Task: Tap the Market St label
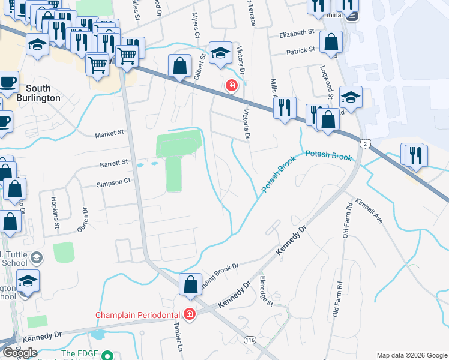109,134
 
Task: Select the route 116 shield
250,340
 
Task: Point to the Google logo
20,353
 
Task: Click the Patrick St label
301,51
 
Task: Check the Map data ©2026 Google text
411,355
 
